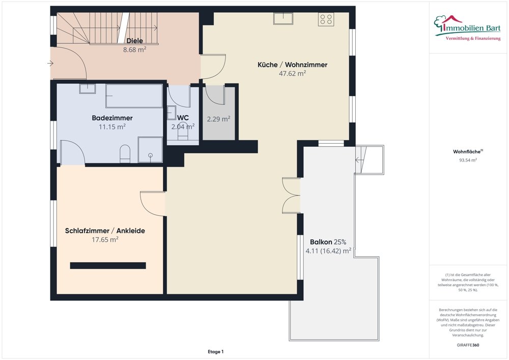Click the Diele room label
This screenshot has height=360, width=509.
(135, 41)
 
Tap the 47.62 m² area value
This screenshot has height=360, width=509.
(292, 73)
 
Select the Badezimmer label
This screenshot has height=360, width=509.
(112, 118)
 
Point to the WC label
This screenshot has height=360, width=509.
(183, 118)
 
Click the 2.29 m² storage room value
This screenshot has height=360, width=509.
(218, 119)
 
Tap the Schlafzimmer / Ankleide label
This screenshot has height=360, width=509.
(105, 231)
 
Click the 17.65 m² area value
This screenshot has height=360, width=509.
(105, 239)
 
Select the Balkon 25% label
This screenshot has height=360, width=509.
(328, 242)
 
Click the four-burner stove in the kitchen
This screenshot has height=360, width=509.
(326, 19)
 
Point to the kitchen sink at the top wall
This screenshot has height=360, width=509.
(283, 18)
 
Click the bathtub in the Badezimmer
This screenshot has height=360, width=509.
(134, 96)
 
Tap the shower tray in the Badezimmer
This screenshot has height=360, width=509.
(150, 150)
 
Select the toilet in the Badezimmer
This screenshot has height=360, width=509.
(125, 154)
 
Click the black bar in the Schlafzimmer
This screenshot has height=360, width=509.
(108, 265)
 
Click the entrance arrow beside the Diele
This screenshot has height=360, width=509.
(50, 63)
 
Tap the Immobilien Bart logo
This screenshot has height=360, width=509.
(467, 28)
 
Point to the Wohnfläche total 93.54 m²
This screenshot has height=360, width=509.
(468, 160)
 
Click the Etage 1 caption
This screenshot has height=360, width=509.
(215, 351)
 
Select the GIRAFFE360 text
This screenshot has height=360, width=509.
(468, 345)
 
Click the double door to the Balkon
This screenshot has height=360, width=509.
(291, 196)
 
